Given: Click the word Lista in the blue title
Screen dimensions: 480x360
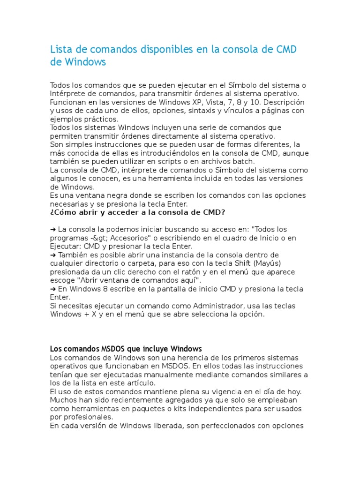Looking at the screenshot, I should pyautogui.click(x=60, y=50).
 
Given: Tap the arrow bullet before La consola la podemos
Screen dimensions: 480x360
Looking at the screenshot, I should pyautogui.click(x=52, y=230).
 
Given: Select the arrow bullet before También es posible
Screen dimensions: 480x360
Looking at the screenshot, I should pyautogui.click(x=52, y=255).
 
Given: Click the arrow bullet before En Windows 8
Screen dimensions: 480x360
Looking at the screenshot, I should pyautogui.click(x=52, y=289).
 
